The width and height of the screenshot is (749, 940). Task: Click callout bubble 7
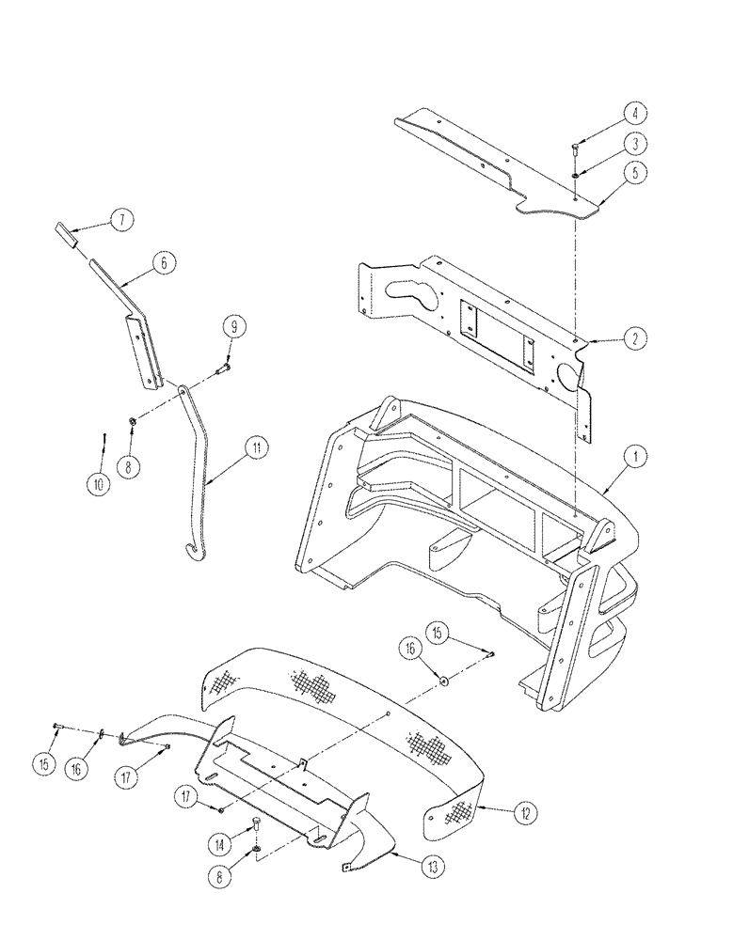[120, 219]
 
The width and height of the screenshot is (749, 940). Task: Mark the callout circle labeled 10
[98, 484]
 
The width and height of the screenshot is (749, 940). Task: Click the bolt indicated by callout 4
[575, 147]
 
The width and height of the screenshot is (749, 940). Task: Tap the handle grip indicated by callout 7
[68, 233]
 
